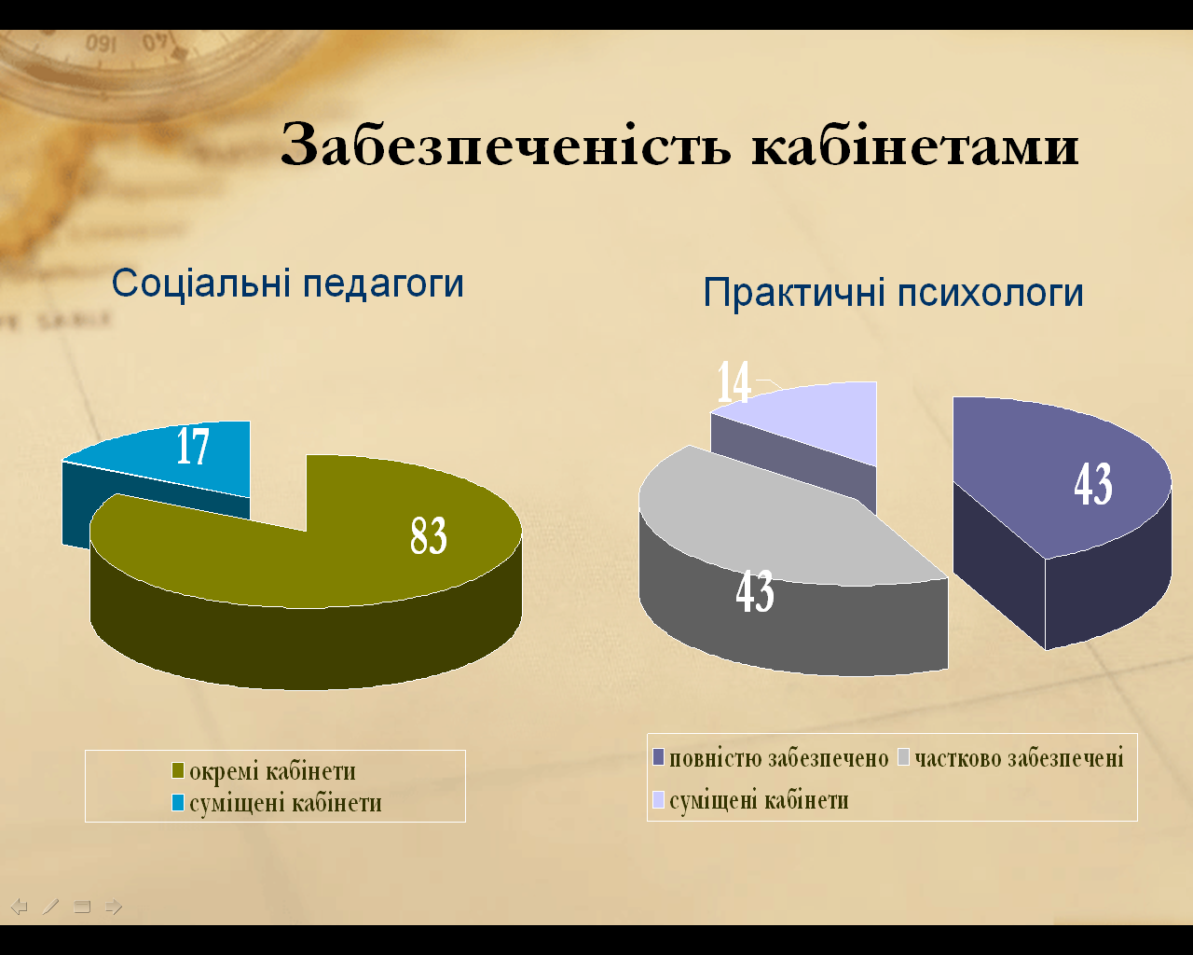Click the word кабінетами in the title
915,145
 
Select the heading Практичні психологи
893,293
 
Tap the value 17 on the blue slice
193,446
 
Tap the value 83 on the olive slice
429,535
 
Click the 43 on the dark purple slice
1093,484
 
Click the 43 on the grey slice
755,591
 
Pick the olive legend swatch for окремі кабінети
177,770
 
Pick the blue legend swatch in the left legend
177,802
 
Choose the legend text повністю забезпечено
779,758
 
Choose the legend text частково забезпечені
1019,758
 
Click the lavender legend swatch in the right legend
658,800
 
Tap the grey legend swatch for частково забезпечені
904,757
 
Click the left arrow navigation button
20,907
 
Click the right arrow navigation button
114,907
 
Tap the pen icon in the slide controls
50,907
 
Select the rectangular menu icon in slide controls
82,907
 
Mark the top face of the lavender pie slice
820,419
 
